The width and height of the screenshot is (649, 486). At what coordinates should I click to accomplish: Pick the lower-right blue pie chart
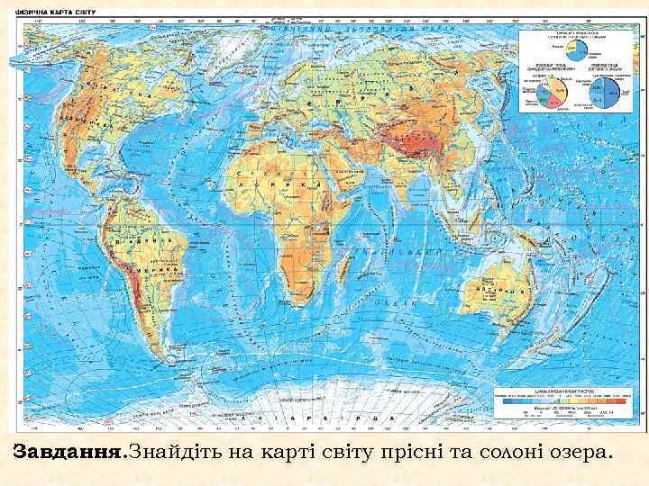point(608,91)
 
